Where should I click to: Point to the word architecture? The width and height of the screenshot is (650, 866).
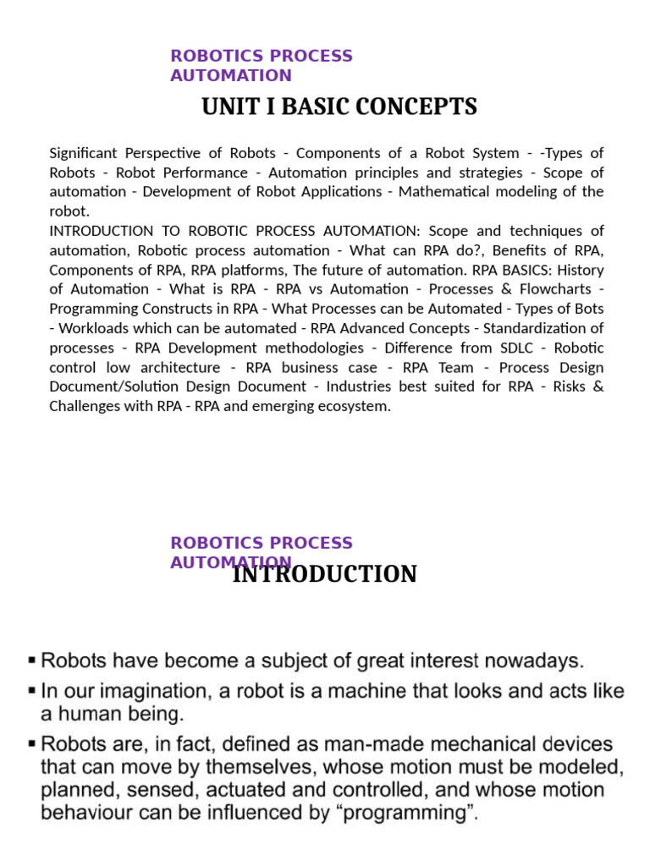tap(179, 367)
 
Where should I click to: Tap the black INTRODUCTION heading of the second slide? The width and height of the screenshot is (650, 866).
tap(324, 574)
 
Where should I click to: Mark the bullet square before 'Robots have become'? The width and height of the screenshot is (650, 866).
tap(32, 659)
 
